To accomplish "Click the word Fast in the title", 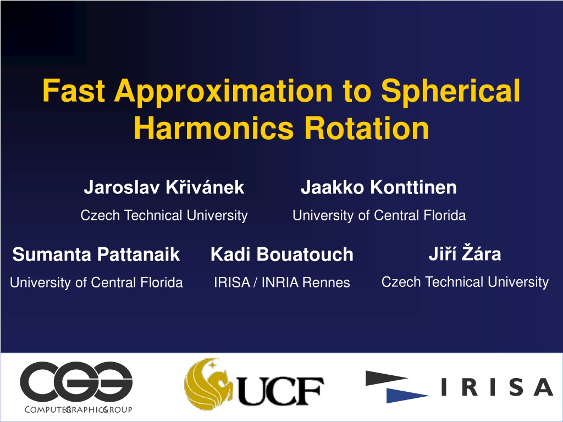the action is (x=74, y=91).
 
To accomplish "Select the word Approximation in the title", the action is (x=224, y=92).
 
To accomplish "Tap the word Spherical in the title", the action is (x=451, y=92).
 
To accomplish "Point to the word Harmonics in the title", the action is (x=214, y=128).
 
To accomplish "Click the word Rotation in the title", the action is (x=367, y=128).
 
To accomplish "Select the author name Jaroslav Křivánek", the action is (x=164, y=187).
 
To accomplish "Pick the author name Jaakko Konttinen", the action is (x=379, y=187).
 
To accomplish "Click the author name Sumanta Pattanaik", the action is (x=96, y=254).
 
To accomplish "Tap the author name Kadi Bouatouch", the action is (x=282, y=254).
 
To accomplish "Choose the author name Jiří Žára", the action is (x=465, y=253).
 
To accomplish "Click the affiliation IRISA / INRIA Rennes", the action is (x=282, y=282).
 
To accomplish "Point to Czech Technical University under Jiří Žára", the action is (x=465, y=282).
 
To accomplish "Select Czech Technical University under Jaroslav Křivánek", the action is (x=164, y=215).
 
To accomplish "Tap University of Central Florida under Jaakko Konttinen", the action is (x=379, y=215).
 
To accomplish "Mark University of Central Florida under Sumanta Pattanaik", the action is (x=96, y=283).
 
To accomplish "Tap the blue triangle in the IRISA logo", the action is (x=407, y=395).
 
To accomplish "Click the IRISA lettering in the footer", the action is (x=497, y=387).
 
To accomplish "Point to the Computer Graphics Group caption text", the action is (x=78, y=409).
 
